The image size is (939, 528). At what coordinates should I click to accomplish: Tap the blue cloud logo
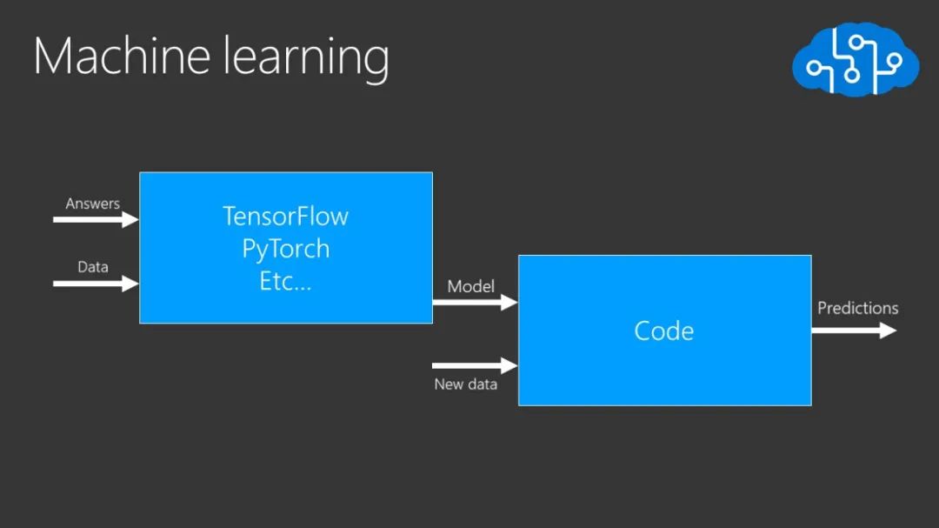[855, 58]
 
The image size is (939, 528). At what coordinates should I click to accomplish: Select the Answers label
[92, 204]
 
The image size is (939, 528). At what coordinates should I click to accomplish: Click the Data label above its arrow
[92, 267]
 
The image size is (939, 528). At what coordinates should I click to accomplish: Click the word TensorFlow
[285, 216]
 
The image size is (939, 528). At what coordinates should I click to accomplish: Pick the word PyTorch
[285, 249]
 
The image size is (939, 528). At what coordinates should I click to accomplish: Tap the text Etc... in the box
[285, 282]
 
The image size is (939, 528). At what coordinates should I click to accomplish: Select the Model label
[470, 286]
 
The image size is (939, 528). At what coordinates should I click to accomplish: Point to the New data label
[465, 384]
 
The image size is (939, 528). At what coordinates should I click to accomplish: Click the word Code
[664, 331]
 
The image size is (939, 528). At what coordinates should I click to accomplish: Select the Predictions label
[857, 308]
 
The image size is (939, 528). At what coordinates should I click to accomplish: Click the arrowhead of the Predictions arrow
[888, 331]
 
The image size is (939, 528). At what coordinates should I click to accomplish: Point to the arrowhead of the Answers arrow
[130, 220]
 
